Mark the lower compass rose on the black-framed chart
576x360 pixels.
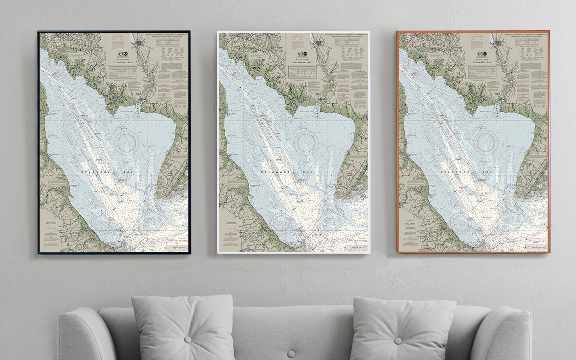[100, 222]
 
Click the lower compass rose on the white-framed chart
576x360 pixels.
[280, 222]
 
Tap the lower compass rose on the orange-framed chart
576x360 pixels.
[460, 222]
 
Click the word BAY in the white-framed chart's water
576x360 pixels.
[307, 172]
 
